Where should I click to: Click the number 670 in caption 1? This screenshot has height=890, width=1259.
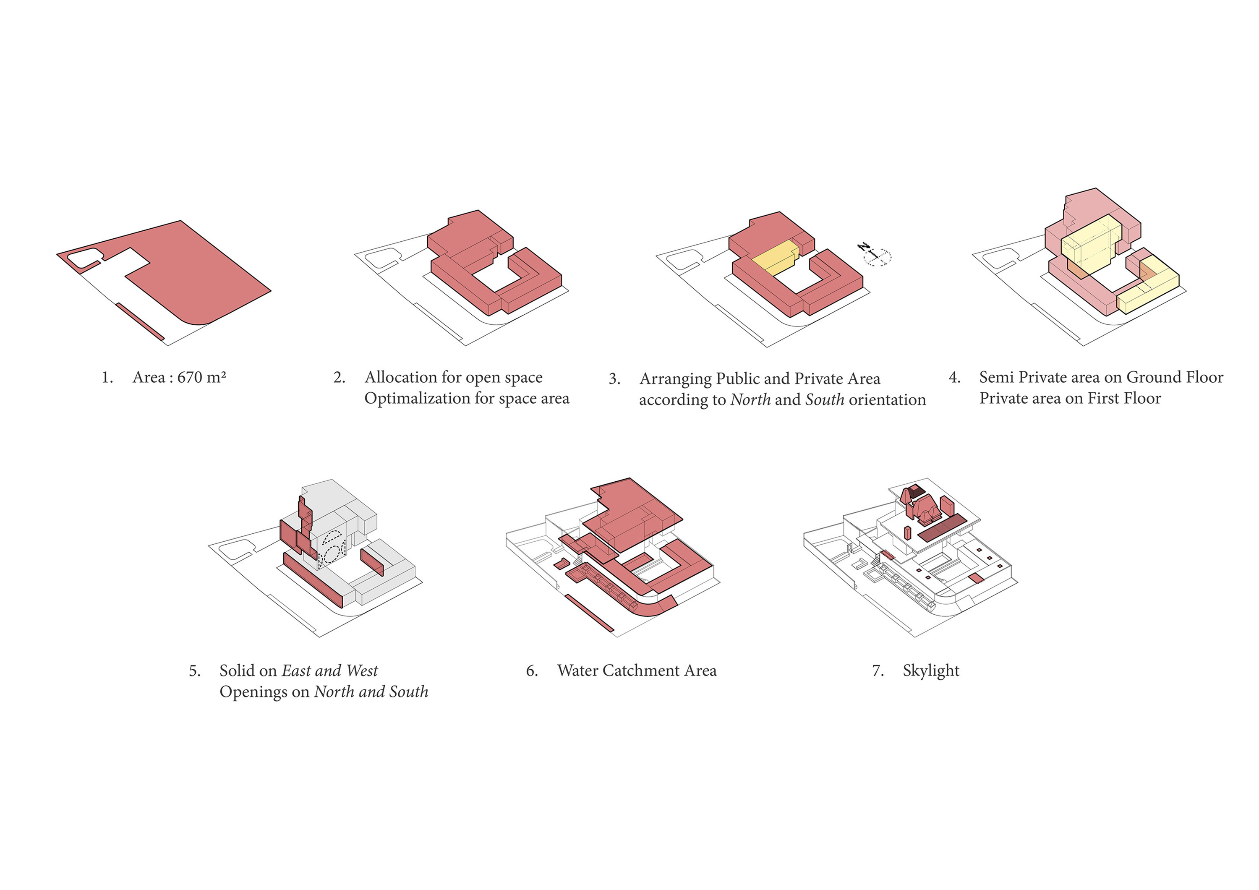(x=190, y=378)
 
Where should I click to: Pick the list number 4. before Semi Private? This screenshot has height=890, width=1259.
(x=955, y=378)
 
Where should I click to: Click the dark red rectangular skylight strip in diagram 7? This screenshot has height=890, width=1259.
(x=941, y=527)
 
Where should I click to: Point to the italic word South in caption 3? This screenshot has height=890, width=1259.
(x=824, y=400)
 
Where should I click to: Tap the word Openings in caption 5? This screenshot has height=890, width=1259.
(x=254, y=692)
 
